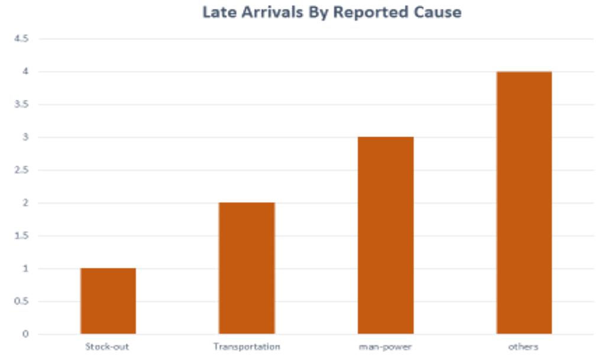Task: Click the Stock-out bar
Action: tap(108, 301)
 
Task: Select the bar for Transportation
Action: tap(247, 268)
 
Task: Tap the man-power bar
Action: tap(386, 235)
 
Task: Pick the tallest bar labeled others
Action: tap(524, 203)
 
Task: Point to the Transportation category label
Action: tap(247, 346)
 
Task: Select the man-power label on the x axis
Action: tap(386, 346)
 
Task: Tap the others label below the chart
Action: tap(524, 346)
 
